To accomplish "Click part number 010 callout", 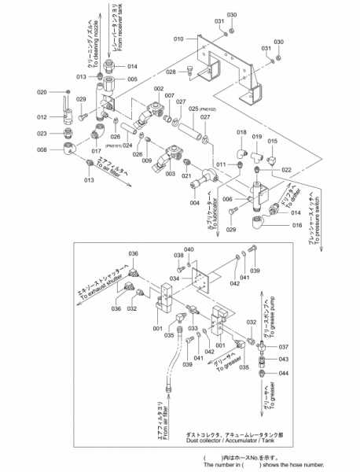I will (x=178, y=38).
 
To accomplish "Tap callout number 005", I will (x=132, y=79).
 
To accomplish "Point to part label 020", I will (x=42, y=92).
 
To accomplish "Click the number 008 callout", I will (x=42, y=149).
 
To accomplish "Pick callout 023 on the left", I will (x=42, y=133).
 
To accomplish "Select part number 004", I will (x=195, y=203).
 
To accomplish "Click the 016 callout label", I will (x=296, y=226).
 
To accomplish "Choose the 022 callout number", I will (x=286, y=170).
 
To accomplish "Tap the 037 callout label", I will (x=284, y=346).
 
